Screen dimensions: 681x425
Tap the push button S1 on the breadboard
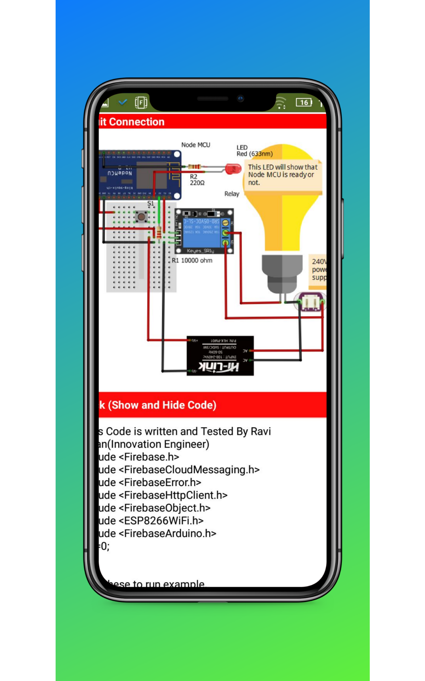[x=141, y=216]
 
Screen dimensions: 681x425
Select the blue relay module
[x=204, y=231]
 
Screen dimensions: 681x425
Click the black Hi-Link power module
[x=220, y=356]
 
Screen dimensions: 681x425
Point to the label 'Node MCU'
[x=195, y=145]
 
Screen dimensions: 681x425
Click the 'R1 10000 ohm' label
[x=192, y=260]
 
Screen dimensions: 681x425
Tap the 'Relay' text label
[x=232, y=194]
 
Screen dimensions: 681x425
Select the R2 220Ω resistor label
[x=197, y=180]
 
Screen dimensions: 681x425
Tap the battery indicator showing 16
[x=304, y=103]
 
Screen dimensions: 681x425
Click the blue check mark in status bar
[x=123, y=102]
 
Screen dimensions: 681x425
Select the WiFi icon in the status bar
[x=280, y=103]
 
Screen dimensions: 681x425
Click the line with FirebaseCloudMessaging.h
[x=179, y=470]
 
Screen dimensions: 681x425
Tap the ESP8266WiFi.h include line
[x=152, y=521]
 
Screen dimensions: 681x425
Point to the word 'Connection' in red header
[x=137, y=122]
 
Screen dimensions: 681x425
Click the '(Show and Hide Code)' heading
[x=162, y=405]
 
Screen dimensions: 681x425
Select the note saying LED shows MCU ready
[x=283, y=175]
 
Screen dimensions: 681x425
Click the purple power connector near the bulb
[x=311, y=302]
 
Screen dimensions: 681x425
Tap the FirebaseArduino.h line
[x=158, y=533]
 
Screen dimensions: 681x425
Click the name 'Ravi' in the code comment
[x=261, y=431]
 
